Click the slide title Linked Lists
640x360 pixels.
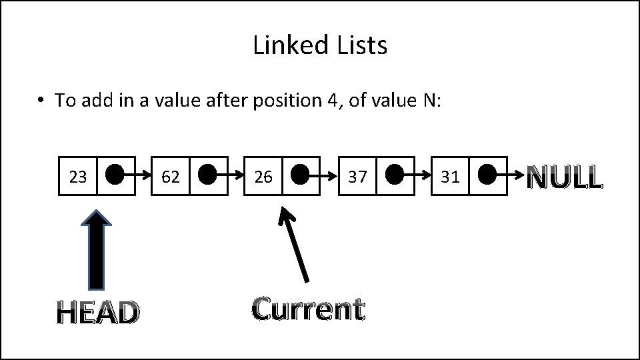coord(320,46)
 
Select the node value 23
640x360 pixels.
coord(78,177)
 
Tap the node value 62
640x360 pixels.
coord(171,177)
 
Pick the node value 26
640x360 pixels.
coord(263,177)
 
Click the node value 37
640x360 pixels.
coord(357,177)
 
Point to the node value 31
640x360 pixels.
coord(450,177)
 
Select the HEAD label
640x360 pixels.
coord(98,312)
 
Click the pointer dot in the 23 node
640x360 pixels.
coord(114,175)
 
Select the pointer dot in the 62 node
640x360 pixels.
coord(207,175)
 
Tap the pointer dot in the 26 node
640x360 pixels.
coord(300,175)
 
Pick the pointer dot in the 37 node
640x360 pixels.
coord(394,175)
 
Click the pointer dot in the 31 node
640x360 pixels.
coord(487,175)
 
